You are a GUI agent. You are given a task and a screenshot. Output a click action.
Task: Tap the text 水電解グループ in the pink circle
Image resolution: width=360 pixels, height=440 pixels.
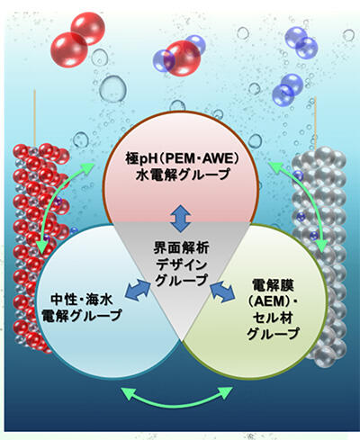coord(183,175)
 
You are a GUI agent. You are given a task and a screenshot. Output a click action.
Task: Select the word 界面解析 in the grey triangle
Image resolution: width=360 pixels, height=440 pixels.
coord(181,248)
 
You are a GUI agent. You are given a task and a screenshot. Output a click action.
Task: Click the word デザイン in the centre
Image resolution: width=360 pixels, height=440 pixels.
coord(182,265)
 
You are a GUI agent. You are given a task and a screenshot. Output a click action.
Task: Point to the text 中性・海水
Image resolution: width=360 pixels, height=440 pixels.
coord(82,300)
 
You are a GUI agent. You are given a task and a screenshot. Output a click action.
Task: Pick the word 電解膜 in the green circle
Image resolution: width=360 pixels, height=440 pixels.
coord(273,285)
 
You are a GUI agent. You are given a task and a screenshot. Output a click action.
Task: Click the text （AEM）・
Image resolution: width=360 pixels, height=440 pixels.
coord(273,301)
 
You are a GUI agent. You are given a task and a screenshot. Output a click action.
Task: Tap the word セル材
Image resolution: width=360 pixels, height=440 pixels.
coord(273,318)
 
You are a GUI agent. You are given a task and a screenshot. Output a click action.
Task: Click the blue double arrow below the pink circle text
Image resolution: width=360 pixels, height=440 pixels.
coord(181,219)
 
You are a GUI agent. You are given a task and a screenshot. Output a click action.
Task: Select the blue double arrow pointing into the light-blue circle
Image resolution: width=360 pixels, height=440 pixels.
coord(138,291)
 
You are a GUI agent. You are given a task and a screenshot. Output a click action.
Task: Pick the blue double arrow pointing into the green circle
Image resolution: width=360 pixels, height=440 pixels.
coord(222,292)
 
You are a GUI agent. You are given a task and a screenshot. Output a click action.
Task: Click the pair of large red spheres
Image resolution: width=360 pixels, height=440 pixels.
coord(77,39)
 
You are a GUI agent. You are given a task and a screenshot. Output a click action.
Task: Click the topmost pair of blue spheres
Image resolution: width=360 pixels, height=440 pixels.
coord(301,42)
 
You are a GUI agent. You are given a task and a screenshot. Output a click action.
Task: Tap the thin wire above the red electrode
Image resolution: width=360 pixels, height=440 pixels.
coord(35,117)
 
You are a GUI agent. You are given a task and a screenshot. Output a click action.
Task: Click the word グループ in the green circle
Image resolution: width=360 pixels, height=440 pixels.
coord(273,334)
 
